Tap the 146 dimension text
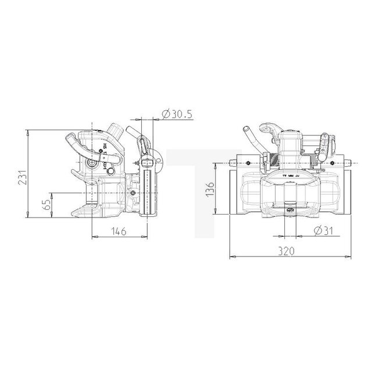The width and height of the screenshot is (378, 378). (x=118, y=231)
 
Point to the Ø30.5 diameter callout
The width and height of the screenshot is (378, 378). (x=176, y=113)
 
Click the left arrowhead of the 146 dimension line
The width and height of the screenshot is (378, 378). (x=93, y=236)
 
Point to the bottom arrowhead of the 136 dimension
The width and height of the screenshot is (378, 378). (x=217, y=213)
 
